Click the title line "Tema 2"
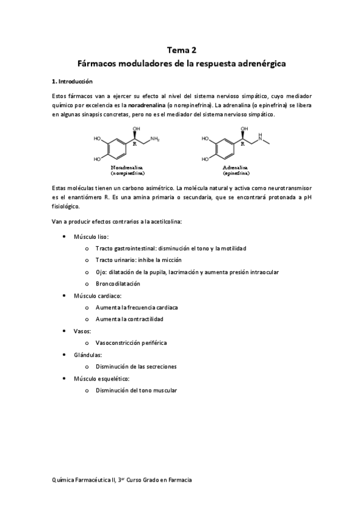click(181, 50)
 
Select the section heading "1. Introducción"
click(73, 80)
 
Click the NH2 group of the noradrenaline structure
click(155, 140)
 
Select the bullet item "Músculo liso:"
click(91, 237)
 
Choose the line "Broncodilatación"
click(118, 283)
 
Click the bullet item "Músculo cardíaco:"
click(98, 295)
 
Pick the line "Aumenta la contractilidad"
click(129, 319)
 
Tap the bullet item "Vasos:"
click(82, 331)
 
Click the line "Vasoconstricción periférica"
click(131, 342)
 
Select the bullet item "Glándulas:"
click(87, 355)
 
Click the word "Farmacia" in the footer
click(179, 479)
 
